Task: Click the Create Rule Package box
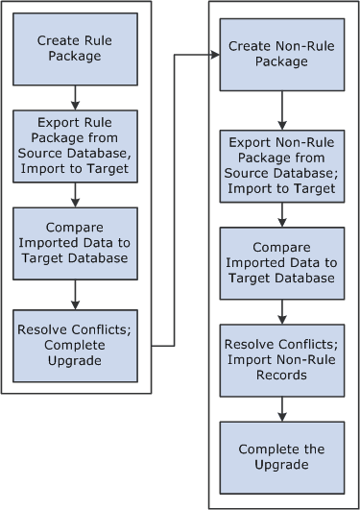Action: tap(74, 48)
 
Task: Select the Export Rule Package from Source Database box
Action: tap(74, 145)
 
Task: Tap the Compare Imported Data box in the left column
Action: tap(74, 242)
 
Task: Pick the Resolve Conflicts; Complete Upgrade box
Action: tap(74, 339)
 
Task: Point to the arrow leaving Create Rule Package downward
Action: tap(74, 96)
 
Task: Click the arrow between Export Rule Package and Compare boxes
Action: tap(74, 193)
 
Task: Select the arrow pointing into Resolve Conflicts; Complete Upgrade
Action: tap(74, 291)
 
